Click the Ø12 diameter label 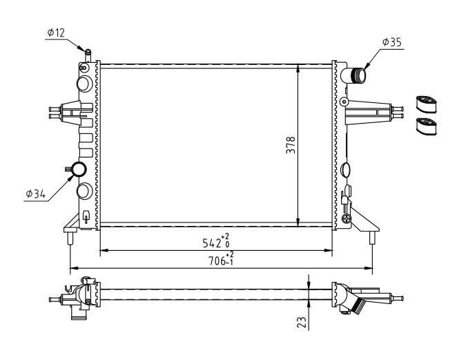(56, 33)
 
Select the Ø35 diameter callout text (392, 42)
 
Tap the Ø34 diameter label (36, 193)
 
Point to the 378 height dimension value (291, 145)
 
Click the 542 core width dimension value (212, 243)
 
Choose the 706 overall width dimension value (217, 260)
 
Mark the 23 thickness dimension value (302, 323)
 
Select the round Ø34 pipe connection (79, 169)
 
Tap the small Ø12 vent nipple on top (88, 56)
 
